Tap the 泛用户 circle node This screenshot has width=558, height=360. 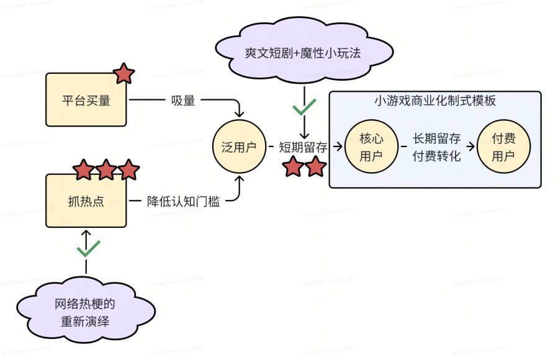click(x=239, y=147)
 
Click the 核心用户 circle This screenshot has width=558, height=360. click(x=371, y=147)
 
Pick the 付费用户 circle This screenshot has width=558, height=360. click(x=503, y=147)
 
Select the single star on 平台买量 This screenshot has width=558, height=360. click(x=124, y=74)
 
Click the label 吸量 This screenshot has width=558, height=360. click(x=183, y=100)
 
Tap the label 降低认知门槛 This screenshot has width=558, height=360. click(x=183, y=201)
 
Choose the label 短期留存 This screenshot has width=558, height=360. click(x=303, y=147)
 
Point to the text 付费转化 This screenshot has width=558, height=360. click(x=437, y=156)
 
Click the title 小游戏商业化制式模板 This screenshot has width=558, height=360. click(x=435, y=101)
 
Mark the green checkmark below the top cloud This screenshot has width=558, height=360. click(x=304, y=108)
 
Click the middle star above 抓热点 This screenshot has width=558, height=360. click(x=106, y=169)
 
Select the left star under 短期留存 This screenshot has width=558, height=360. click(x=292, y=166)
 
